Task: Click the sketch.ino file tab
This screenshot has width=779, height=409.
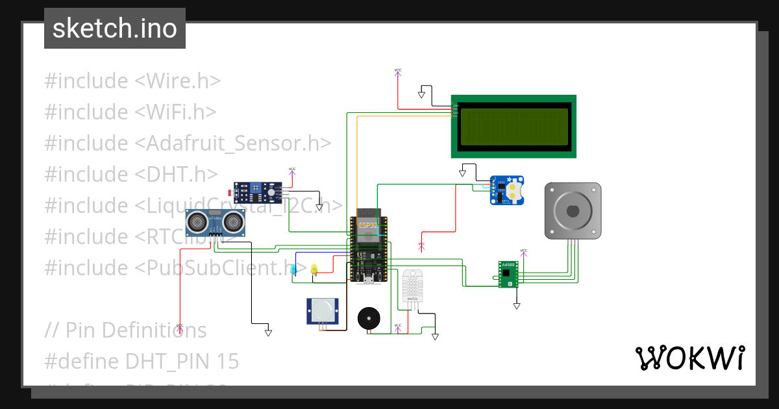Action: (115, 29)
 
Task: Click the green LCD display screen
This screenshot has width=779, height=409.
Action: (513, 126)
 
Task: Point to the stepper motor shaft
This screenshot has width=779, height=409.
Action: (573, 211)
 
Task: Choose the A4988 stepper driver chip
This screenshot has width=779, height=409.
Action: (508, 274)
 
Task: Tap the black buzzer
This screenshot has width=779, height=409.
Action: (369, 318)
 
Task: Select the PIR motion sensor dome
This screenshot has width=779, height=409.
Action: (322, 312)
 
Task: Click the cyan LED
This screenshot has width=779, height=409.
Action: (294, 269)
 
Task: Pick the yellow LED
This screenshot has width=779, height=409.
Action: (314, 269)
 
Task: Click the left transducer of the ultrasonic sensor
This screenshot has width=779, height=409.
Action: (197, 223)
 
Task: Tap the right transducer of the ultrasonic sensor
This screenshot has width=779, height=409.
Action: (232, 223)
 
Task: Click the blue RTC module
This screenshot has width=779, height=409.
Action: (507, 190)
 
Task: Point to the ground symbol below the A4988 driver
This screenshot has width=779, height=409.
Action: (517, 305)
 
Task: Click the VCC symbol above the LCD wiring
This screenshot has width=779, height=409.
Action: (397, 71)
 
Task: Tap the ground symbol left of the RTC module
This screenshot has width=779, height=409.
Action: (463, 173)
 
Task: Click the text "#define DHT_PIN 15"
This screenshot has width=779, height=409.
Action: (142, 361)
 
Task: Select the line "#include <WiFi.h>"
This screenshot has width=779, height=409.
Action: (130, 112)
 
